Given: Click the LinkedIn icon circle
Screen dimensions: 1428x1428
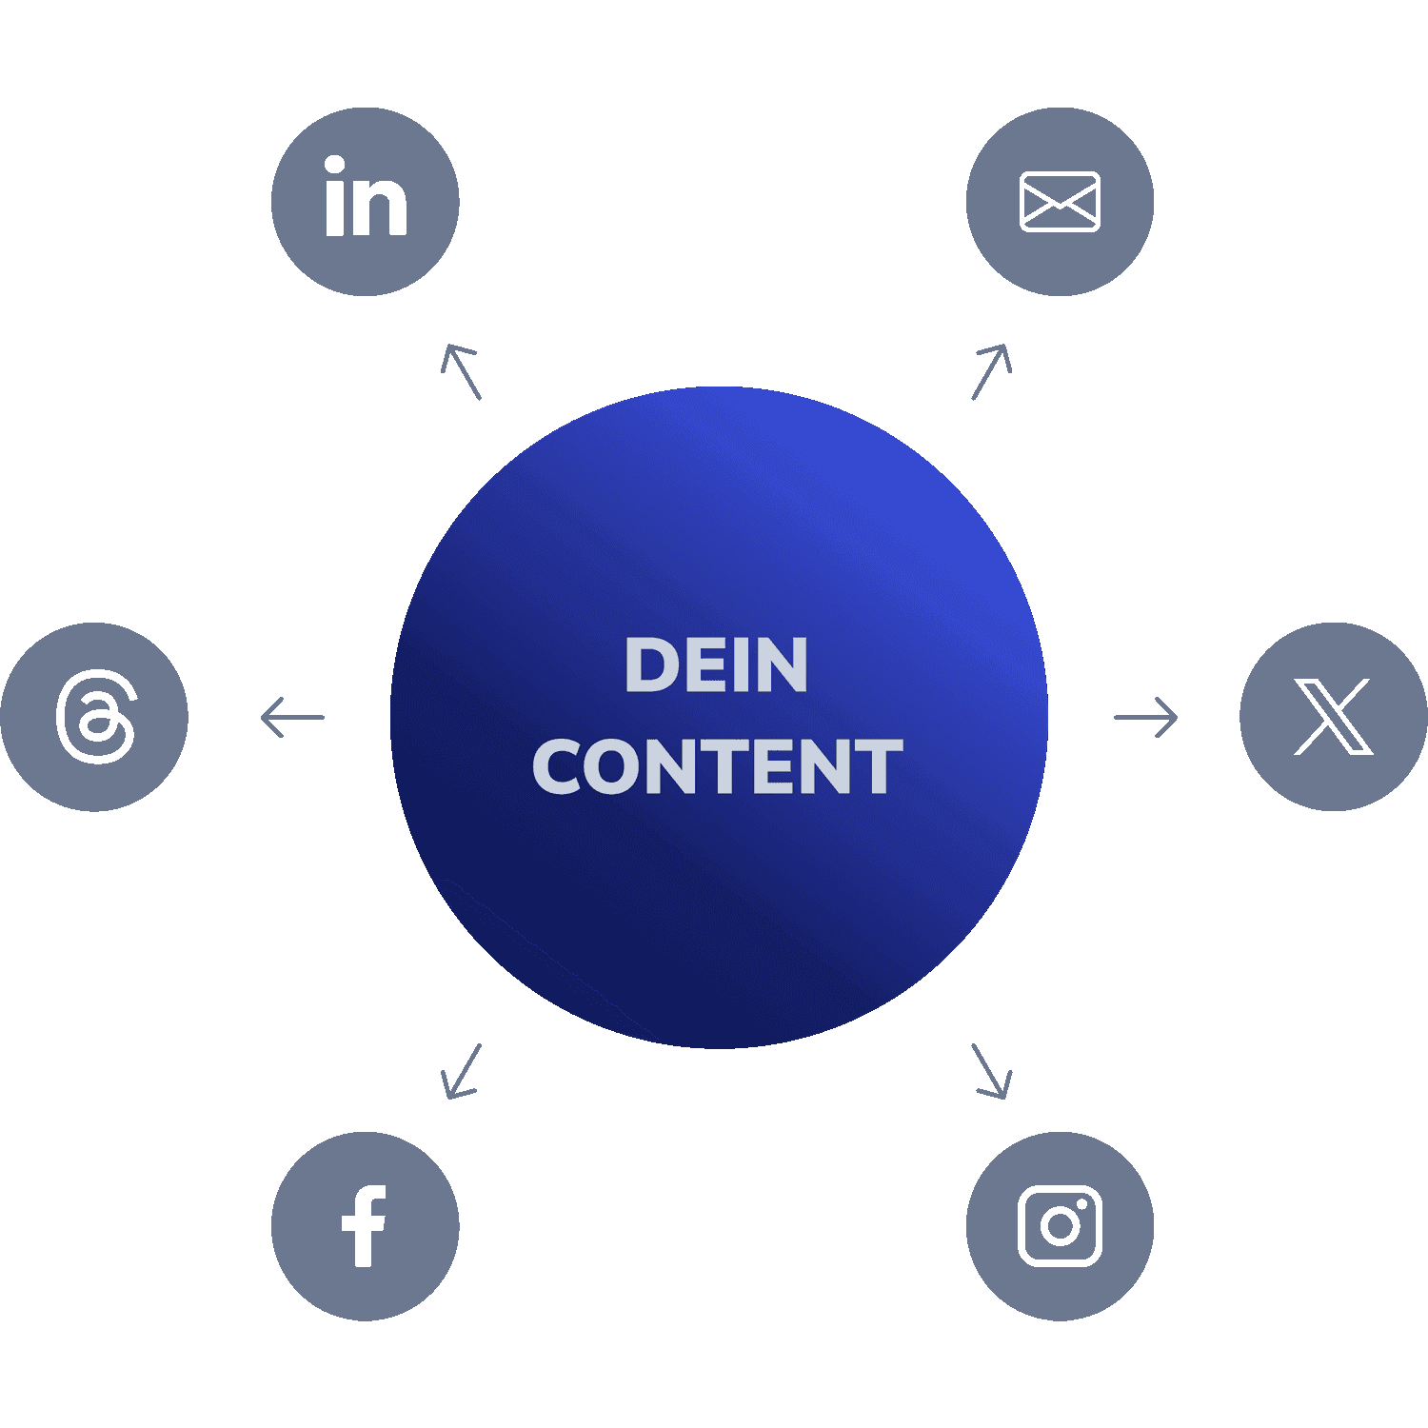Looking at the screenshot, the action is pos(366,202).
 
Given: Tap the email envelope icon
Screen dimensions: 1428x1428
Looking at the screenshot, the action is pos(1060,202).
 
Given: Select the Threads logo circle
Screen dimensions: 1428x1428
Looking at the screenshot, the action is pos(94,717).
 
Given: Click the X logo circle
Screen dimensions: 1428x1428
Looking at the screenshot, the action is pos(1334,717).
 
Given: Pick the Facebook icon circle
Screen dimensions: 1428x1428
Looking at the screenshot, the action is pos(366,1226).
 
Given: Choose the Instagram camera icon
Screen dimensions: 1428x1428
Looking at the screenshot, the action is pos(1060,1226).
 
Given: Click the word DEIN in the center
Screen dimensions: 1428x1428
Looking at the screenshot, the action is pos(716,665).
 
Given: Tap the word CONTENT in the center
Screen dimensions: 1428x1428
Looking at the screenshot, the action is pos(717,766).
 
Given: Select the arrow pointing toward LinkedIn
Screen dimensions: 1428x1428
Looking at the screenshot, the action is pos(462,371).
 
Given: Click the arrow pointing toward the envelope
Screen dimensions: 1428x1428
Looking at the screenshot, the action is pos(991,371).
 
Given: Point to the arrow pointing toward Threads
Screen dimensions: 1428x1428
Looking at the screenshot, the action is pos(292,717).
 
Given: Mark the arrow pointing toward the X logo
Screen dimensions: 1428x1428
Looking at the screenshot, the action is pos(1146,717).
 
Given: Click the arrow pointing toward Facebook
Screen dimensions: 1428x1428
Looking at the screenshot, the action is pos(462,1071).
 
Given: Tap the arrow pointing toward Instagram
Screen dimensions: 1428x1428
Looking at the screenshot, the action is pos(991,1071).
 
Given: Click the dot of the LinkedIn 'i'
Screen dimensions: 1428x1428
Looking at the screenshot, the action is pos(334,166).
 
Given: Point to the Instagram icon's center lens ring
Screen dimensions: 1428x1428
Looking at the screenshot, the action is pos(1059,1226).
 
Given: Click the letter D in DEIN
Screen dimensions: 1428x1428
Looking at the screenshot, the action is pos(649,665).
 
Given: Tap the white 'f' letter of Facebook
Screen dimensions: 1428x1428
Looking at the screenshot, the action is pos(364,1226).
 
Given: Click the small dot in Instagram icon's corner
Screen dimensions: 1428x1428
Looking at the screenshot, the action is pos(1083,1202).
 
